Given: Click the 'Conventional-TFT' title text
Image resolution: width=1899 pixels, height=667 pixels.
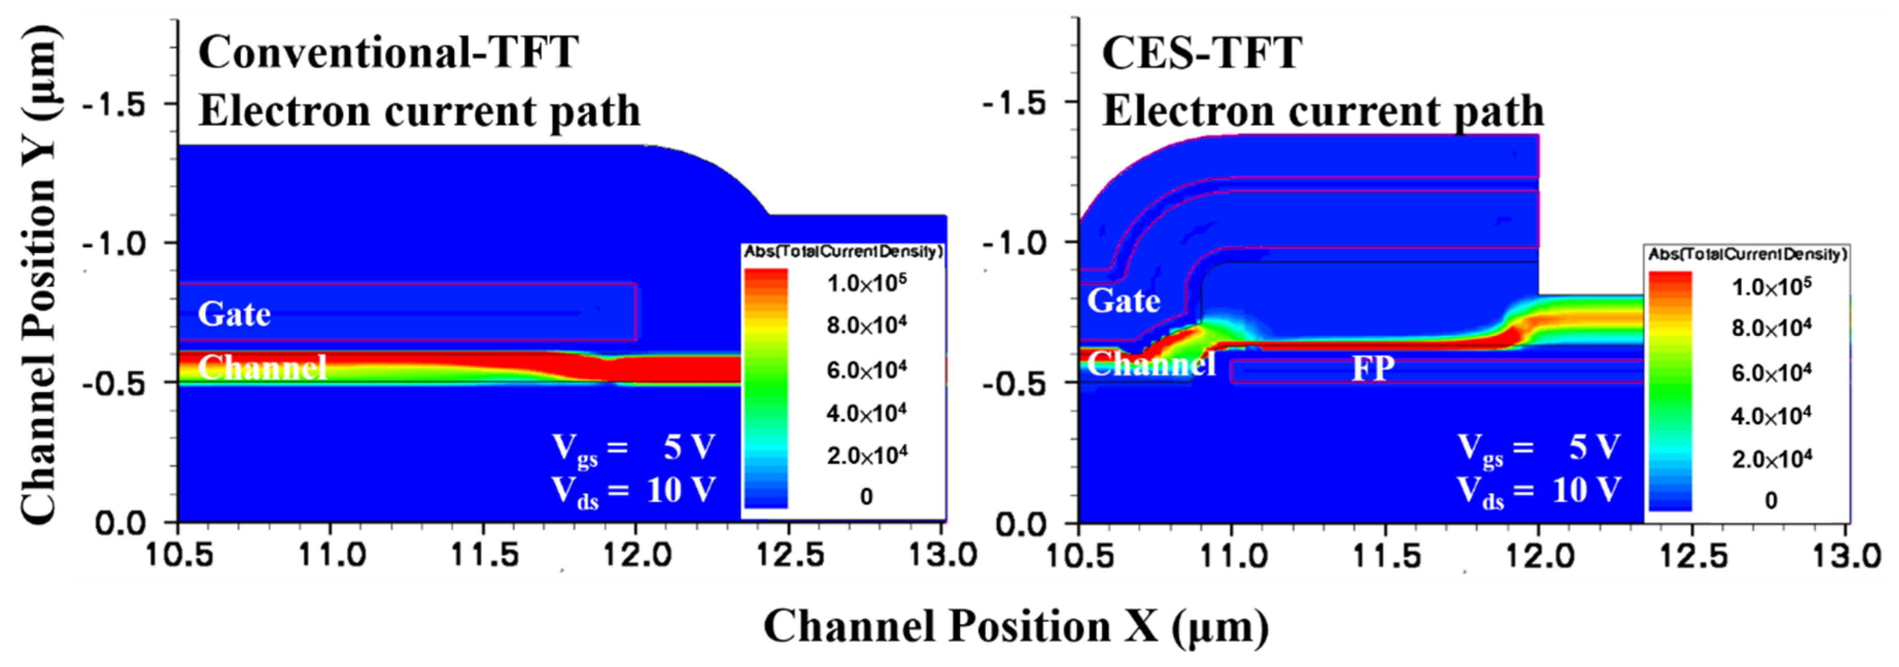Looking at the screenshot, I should (388, 53).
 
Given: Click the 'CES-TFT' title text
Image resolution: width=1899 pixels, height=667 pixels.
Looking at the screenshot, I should (1202, 53).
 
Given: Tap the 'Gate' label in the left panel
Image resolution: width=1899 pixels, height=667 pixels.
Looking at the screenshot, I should (234, 314).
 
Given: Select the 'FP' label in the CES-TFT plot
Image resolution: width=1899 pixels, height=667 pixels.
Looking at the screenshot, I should (1373, 368).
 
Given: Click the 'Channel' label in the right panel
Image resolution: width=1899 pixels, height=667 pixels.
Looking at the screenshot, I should (1151, 364).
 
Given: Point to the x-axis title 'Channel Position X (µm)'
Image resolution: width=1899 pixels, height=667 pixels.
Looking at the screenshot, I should (1016, 627).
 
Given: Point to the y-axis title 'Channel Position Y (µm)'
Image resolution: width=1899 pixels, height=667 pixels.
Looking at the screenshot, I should (38, 274).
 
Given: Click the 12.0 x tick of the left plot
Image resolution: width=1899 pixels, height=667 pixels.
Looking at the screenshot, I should (637, 555).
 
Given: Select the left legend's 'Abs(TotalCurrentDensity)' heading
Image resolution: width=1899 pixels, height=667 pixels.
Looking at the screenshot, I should (842, 252).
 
